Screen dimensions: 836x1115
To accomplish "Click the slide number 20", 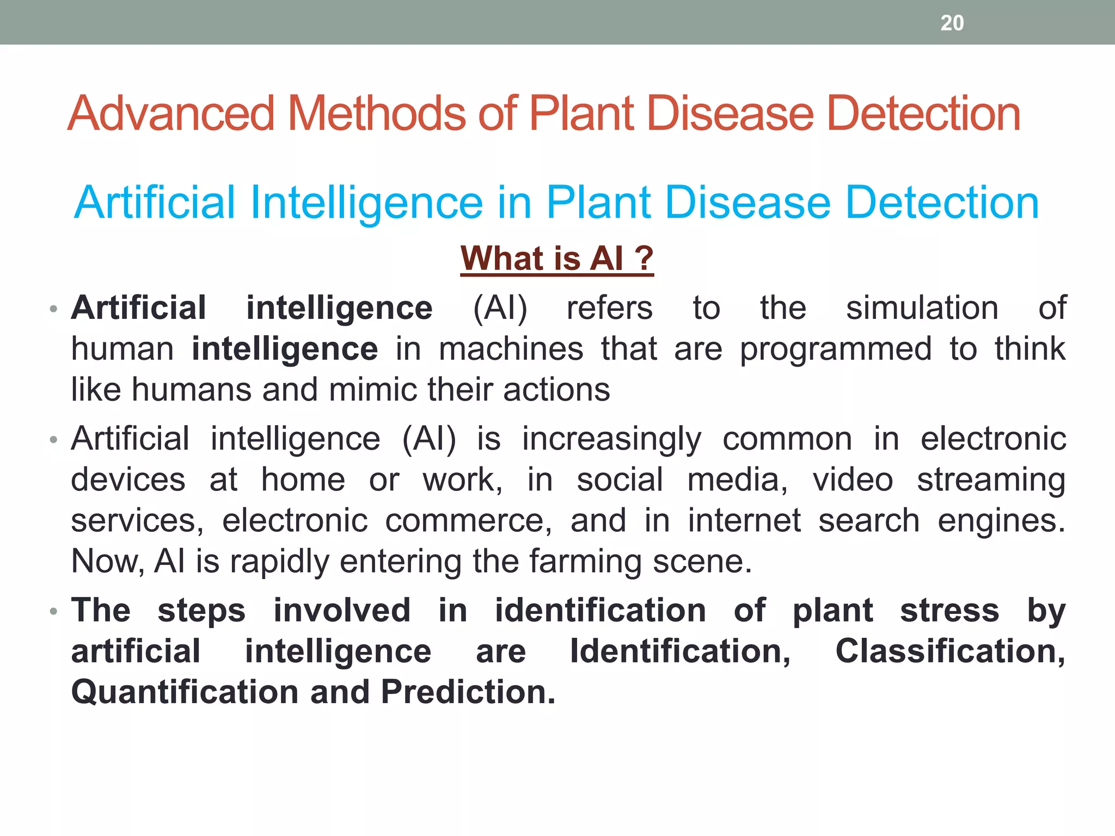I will [x=952, y=23].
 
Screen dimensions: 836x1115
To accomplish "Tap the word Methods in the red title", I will [x=376, y=114].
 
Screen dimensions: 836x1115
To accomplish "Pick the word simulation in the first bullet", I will [x=922, y=308].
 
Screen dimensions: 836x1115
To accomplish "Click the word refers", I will [x=609, y=308].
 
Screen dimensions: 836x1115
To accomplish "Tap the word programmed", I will [x=835, y=349].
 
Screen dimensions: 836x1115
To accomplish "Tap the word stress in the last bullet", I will [x=949, y=610].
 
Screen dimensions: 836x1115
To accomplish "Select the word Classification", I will [x=950, y=651].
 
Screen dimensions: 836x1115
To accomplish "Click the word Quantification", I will [x=185, y=692].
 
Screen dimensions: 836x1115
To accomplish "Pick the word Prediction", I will [x=468, y=692].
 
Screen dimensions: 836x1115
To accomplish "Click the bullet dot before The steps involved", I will [x=53, y=611].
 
